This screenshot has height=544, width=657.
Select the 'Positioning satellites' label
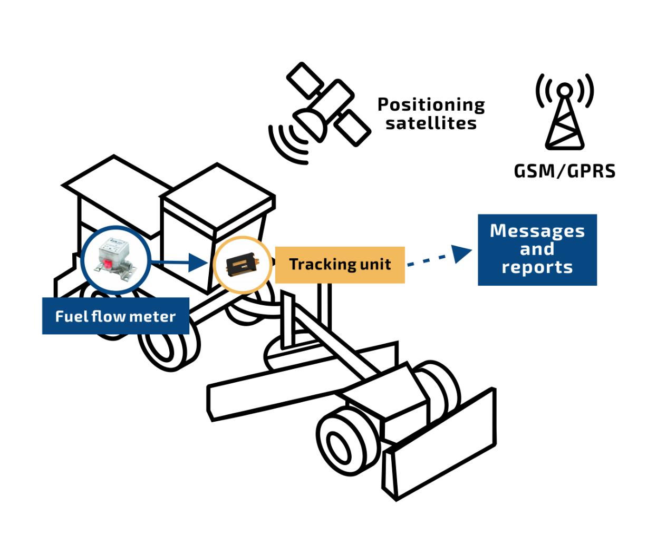(x=431, y=113)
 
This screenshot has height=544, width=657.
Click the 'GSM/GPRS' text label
(x=564, y=171)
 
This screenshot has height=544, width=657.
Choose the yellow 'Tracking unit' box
(x=340, y=265)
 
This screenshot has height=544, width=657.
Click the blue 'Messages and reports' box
(x=537, y=249)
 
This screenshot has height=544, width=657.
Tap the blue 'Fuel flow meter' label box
(x=115, y=316)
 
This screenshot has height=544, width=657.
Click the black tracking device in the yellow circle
(x=243, y=265)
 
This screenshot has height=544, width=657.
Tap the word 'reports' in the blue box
(x=537, y=267)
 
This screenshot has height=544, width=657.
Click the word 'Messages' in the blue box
(x=537, y=231)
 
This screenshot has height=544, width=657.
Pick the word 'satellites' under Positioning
(x=431, y=123)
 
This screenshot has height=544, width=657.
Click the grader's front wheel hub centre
(x=337, y=446)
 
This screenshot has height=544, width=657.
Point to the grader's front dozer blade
(x=443, y=448)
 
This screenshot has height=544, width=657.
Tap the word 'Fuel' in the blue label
(x=71, y=316)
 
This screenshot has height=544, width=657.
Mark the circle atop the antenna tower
(x=564, y=91)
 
